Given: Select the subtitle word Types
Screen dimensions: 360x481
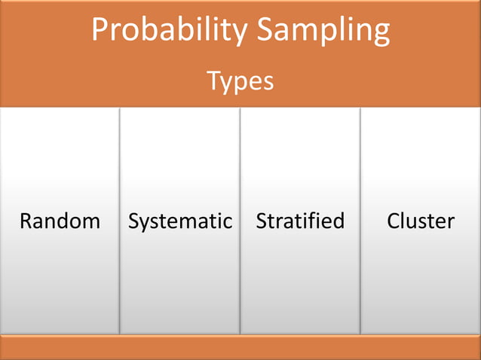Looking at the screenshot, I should tap(240, 81).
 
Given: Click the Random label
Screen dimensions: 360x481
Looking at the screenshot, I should tap(60, 221).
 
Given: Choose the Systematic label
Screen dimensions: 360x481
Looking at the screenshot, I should tap(180, 221).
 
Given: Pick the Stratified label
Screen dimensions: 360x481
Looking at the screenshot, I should tap(300, 221).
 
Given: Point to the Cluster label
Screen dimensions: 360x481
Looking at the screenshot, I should tap(421, 221).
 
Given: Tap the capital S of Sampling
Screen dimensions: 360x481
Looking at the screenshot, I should tap(265, 30).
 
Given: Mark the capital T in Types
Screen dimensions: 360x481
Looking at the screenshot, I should tap(213, 80).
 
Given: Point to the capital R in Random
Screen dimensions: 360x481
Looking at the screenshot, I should tap(26, 221).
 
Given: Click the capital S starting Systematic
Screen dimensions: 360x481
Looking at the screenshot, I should tap(134, 221).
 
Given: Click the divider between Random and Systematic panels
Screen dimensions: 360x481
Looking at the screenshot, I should tap(120, 221).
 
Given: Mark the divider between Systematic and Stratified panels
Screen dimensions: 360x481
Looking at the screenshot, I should tap(240, 221).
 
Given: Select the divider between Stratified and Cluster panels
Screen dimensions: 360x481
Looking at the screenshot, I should tap(360, 221).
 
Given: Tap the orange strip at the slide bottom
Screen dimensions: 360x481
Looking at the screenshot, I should tap(240, 347).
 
